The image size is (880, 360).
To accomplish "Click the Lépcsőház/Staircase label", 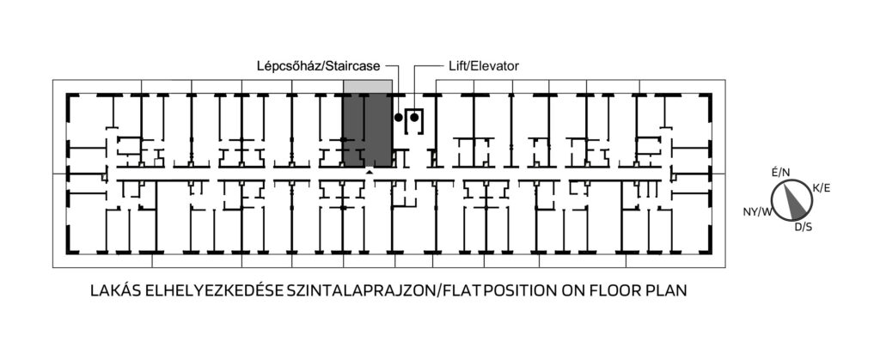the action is click(319, 66).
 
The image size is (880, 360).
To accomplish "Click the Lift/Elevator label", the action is click(484, 66).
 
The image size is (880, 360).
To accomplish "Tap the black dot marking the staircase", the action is click(399, 117).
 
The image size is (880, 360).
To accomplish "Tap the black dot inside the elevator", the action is click(414, 117).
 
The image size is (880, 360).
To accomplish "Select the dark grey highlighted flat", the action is click(368, 130).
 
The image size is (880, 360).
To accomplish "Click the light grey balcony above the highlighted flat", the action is click(368, 87).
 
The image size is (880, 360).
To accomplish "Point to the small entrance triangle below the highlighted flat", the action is click(368, 173).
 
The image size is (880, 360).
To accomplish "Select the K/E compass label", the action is click(821, 188).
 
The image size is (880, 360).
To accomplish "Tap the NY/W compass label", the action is click(758, 212).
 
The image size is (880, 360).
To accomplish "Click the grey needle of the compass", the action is click(795, 202).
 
